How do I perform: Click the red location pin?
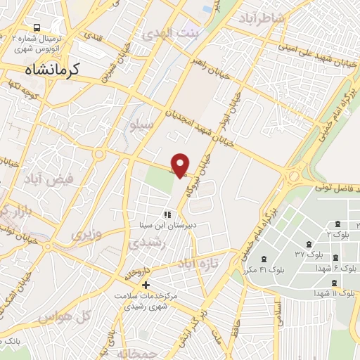pos(181,165)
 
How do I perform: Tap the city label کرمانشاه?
pos(53,70)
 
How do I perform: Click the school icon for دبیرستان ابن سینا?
pos(167,214)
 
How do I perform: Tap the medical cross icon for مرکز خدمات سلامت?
pos(146,285)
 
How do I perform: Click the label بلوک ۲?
pos(341,233)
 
